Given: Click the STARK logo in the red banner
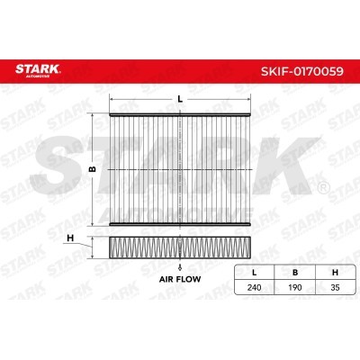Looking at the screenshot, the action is (38, 71).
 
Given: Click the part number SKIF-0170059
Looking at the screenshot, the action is (302, 71).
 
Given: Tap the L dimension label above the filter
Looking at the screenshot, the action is (180, 99).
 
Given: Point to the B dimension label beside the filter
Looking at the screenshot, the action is (93, 169).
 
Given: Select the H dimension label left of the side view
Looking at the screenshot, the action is (70, 238).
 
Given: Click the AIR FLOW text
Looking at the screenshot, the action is (180, 279).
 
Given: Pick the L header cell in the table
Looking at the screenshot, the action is (255, 273).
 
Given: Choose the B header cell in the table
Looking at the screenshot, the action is (295, 273).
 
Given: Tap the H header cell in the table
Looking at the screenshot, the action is (335, 273).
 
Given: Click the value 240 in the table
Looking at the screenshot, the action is (255, 287).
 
